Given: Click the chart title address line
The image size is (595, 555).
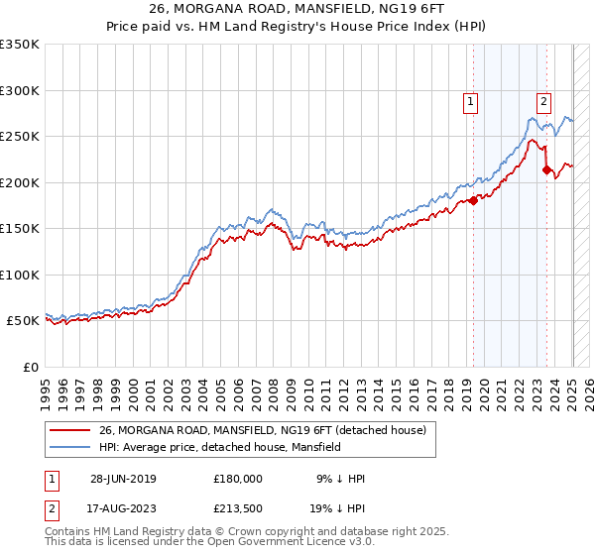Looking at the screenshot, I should click(297, 10).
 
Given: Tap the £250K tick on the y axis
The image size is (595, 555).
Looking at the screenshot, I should click(21, 136).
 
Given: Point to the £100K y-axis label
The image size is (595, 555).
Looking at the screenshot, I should click(21, 275).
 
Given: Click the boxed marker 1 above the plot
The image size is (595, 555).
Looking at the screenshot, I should click(469, 100).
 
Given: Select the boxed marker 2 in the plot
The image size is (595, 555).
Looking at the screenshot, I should click(544, 100).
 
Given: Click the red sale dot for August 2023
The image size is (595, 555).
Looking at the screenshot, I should click(546, 170).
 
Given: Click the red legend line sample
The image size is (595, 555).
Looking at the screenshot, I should click(69, 430).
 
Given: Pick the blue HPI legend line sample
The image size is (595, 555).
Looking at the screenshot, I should click(69, 447).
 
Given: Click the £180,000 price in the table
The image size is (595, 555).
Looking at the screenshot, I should click(238, 478).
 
